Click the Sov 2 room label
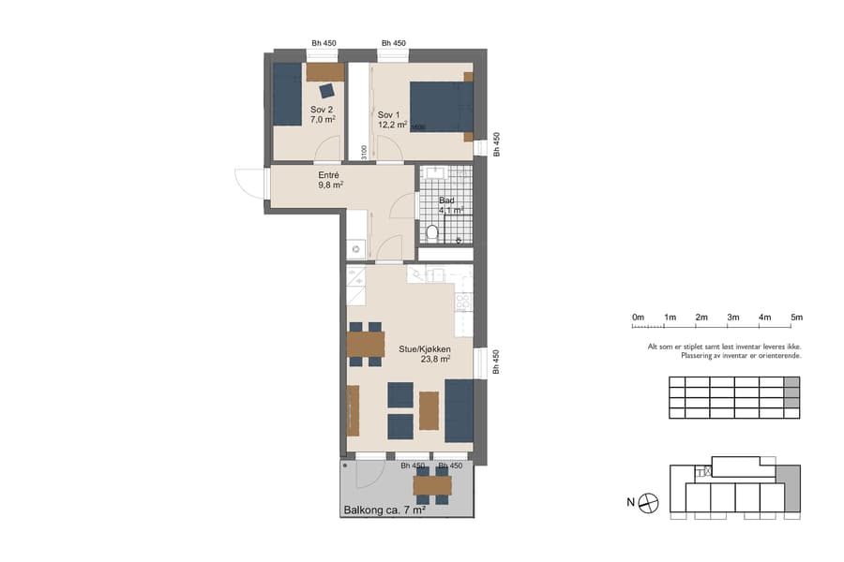click(322, 114)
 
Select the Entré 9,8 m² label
click(330, 180)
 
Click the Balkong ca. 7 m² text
click(385, 510)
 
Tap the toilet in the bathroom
click(432, 231)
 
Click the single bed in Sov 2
click(288, 94)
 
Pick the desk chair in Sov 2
click(326, 91)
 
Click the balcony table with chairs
click(432, 485)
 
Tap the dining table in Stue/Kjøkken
click(366, 345)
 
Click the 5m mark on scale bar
click(797, 318)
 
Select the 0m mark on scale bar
click(638, 318)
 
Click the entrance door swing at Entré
click(248, 182)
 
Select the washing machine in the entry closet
click(354, 249)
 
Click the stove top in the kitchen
click(462, 303)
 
